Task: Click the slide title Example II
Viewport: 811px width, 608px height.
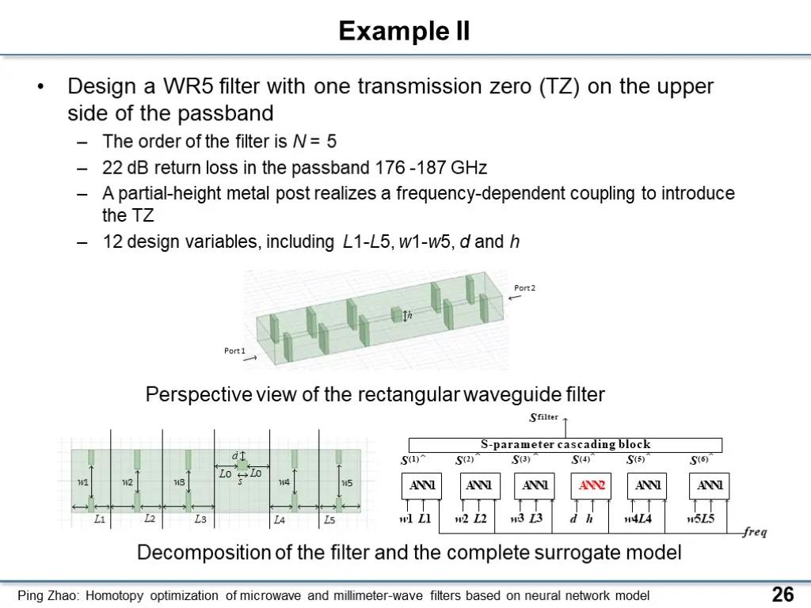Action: click(404, 31)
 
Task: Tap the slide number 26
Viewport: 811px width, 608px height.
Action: click(782, 594)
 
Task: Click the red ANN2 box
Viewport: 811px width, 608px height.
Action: click(591, 485)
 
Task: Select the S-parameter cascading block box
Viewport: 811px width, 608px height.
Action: click(565, 445)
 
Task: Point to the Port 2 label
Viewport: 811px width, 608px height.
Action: click(524, 288)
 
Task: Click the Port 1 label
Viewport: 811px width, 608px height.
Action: click(234, 351)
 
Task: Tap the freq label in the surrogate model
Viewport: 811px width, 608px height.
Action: click(755, 531)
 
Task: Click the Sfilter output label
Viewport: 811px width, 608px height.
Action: click(543, 416)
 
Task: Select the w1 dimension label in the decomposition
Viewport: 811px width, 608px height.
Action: click(82, 482)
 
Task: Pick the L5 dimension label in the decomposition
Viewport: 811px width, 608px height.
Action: click(329, 519)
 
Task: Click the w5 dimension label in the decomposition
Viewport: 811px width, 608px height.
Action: click(347, 482)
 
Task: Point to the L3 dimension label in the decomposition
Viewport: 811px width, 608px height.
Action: click(200, 519)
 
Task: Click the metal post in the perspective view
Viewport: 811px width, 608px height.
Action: click(397, 314)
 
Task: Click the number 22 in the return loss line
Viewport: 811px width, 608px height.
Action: click(112, 168)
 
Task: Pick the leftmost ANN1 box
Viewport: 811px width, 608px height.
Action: click(421, 485)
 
